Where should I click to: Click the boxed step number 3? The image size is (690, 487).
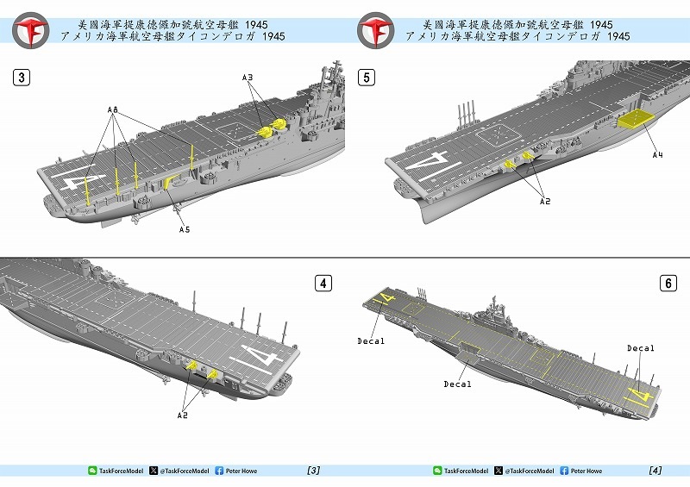click(x=22, y=78)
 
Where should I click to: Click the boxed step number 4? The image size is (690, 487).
click(x=323, y=284)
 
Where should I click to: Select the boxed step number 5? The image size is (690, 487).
click(x=367, y=78)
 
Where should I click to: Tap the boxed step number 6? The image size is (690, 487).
click(x=668, y=284)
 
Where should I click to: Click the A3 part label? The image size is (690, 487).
click(x=248, y=78)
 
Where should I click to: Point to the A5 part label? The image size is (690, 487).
click(x=185, y=229)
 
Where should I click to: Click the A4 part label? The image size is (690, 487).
click(x=657, y=155)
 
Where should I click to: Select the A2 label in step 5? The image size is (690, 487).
click(x=545, y=202)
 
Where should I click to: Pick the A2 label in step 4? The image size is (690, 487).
click(x=183, y=415)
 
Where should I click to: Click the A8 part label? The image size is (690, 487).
click(x=113, y=110)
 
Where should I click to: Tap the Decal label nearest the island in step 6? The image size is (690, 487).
click(x=641, y=348)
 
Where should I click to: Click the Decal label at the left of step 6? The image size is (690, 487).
click(x=371, y=341)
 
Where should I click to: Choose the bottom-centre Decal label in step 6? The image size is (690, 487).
click(x=457, y=384)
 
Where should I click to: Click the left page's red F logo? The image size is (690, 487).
click(x=30, y=30)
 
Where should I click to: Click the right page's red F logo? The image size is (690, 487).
click(x=375, y=30)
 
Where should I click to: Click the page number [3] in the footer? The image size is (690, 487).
click(x=313, y=471)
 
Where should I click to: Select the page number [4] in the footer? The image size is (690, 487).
click(x=655, y=471)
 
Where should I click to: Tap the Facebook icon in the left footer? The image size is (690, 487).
click(x=219, y=471)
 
